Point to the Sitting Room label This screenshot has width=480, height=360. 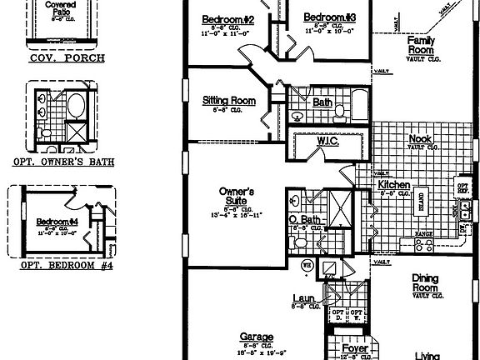click(x=228, y=101)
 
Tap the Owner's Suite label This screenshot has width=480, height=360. click(x=236, y=196)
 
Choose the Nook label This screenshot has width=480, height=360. click(x=419, y=139)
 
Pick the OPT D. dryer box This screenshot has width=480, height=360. click(x=337, y=314)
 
